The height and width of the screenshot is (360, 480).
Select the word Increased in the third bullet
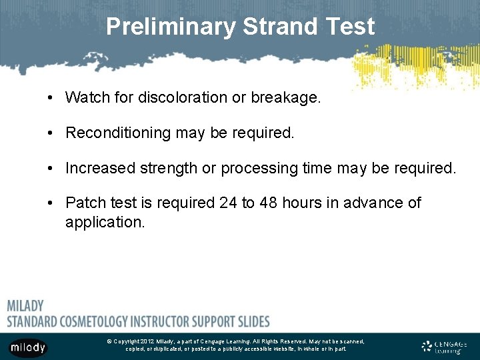point(98,168)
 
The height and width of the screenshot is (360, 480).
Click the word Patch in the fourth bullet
point(84,203)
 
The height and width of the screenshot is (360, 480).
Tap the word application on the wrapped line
point(104,222)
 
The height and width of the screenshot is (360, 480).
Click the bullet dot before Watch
point(51,98)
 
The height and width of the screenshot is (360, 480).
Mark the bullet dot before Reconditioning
point(51,133)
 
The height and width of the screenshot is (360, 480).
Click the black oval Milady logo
point(28,347)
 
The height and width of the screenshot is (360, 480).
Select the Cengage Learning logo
point(444,347)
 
